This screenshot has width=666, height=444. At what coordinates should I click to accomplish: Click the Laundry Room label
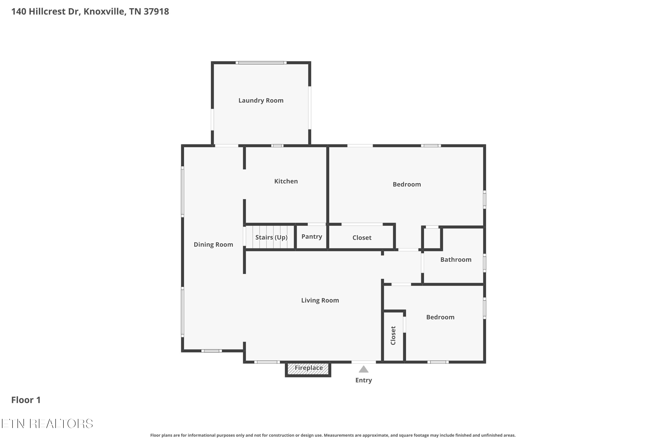pyautogui.click(x=261, y=101)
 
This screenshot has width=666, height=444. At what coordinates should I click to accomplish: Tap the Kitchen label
pyautogui.click(x=286, y=181)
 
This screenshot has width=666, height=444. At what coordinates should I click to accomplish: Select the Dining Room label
pyautogui.click(x=213, y=244)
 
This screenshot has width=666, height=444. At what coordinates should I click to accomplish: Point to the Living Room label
pyautogui.click(x=320, y=300)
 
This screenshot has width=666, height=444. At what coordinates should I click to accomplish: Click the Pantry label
pyautogui.click(x=311, y=236)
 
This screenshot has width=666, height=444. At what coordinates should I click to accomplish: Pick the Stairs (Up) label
pyautogui.click(x=271, y=237)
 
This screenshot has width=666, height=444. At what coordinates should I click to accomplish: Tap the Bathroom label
pyautogui.click(x=456, y=260)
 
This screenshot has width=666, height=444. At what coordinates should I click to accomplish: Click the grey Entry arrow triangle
pyautogui.click(x=364, y=369)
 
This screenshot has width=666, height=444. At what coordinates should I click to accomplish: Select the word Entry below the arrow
pyautogui.click(x=364, y=380)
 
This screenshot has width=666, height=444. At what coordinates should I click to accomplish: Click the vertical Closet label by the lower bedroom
pyautogui.click(x=393, y=335)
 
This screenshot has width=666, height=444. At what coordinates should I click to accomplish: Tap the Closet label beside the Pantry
pyautogui.click(x=362, y=238)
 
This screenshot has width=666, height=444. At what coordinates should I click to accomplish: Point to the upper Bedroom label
pyautogui.click(x=407, y=184)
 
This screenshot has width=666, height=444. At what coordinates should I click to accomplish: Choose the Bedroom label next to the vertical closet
pyautogui.click(x=440, y=317)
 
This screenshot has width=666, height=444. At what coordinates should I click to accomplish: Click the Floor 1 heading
pyautogui.click(x=26, y=400)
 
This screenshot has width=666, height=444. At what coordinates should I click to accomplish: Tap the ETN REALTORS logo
pyautogui.click(x=47, y=424)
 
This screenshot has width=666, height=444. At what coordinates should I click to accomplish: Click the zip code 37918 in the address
pyautogui.click(x=156, y=12)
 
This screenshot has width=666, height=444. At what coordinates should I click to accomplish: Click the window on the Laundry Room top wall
pyautogui.click(x=261, y=63)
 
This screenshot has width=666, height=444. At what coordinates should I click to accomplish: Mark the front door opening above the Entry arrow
pyautogui.click(x=364, y=362)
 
